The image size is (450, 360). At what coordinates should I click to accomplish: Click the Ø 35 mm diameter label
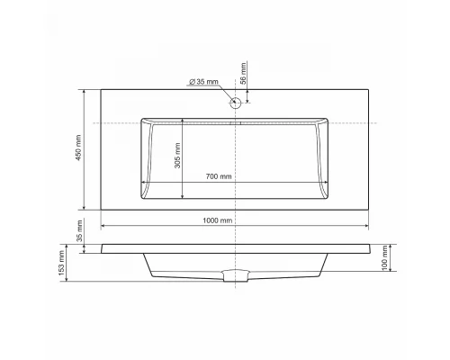click(204, 83)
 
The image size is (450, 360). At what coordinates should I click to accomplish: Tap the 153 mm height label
click(62, 263)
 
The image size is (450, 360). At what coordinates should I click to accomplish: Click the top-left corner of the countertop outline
click(101, 89)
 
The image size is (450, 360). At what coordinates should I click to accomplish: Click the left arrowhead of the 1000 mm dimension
click(103, 226)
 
